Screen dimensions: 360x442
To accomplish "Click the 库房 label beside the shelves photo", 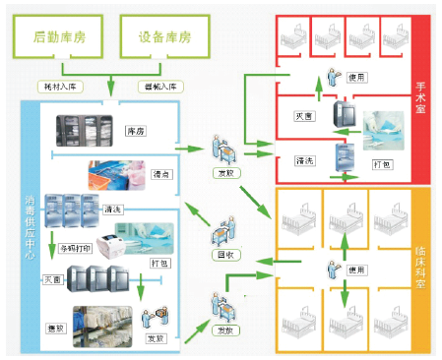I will [136, 130].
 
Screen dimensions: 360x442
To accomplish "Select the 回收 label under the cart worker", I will [224, 254].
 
